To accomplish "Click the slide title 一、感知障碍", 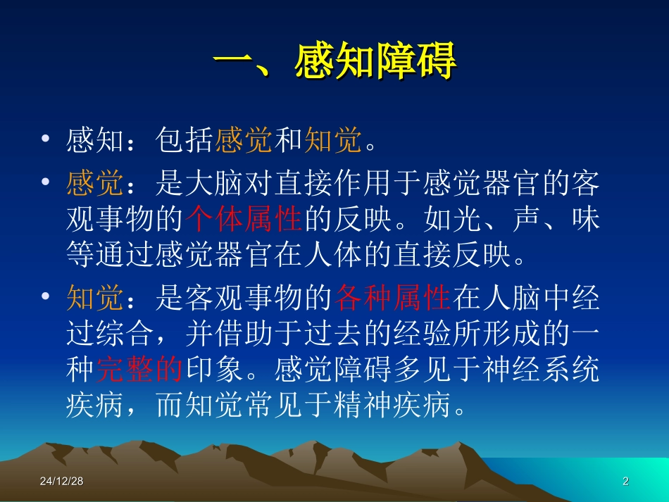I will [x=335, y=64].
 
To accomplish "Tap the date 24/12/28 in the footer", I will [x=61, y=482].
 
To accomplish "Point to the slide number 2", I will [x=625, y=482].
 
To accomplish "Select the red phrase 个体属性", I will [x=246, y=220].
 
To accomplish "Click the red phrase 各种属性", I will [x=394, y=299].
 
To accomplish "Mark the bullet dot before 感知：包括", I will [x=46, y=139].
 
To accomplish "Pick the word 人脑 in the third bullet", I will [x=513, y=299].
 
